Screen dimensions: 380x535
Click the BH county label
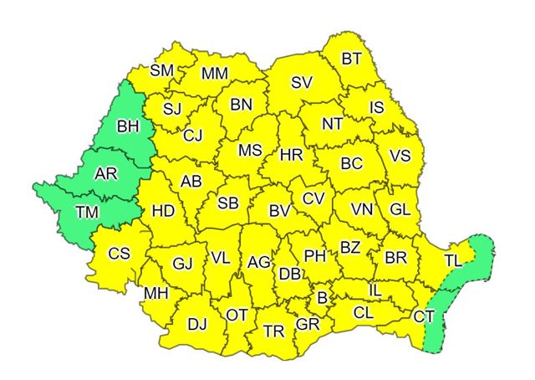(127, 127)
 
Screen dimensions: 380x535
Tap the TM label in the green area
(86, 212)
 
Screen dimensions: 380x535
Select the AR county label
(106, 174)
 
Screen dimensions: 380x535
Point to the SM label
(162, 70)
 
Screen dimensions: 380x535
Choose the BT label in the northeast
(352, 59)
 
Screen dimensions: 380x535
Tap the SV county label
(301, 82)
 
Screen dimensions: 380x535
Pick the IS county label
(376, 107)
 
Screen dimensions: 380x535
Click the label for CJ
(193, 135)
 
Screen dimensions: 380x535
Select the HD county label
(164, 211)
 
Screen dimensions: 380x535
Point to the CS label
(120, 253)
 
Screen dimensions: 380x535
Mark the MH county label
(156, 293)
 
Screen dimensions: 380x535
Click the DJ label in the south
(197, 323)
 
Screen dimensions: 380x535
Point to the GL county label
(400, 209)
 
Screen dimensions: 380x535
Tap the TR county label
(273, 331)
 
